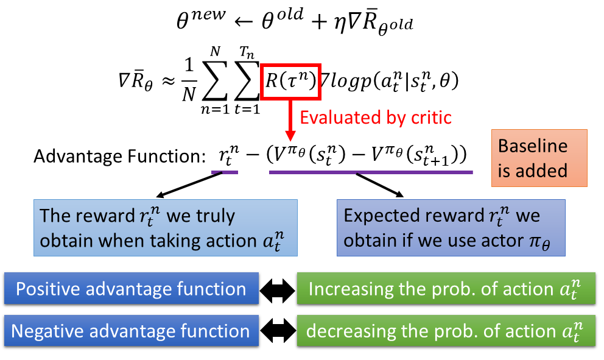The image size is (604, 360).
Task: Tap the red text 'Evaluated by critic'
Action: [376, 117]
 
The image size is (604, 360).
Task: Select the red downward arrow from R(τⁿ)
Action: [291, 122]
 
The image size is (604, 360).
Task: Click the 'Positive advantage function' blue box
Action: [131, 289]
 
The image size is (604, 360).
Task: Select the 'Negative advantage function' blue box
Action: [131, 332]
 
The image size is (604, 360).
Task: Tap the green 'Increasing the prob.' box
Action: [445, 289]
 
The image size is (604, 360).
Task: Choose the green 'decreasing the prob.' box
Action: [445, 332]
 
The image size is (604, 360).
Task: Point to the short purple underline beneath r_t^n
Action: [224, 172]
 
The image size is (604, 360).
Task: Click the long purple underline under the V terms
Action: [371, 172]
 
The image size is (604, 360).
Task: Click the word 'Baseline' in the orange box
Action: [533, 146]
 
